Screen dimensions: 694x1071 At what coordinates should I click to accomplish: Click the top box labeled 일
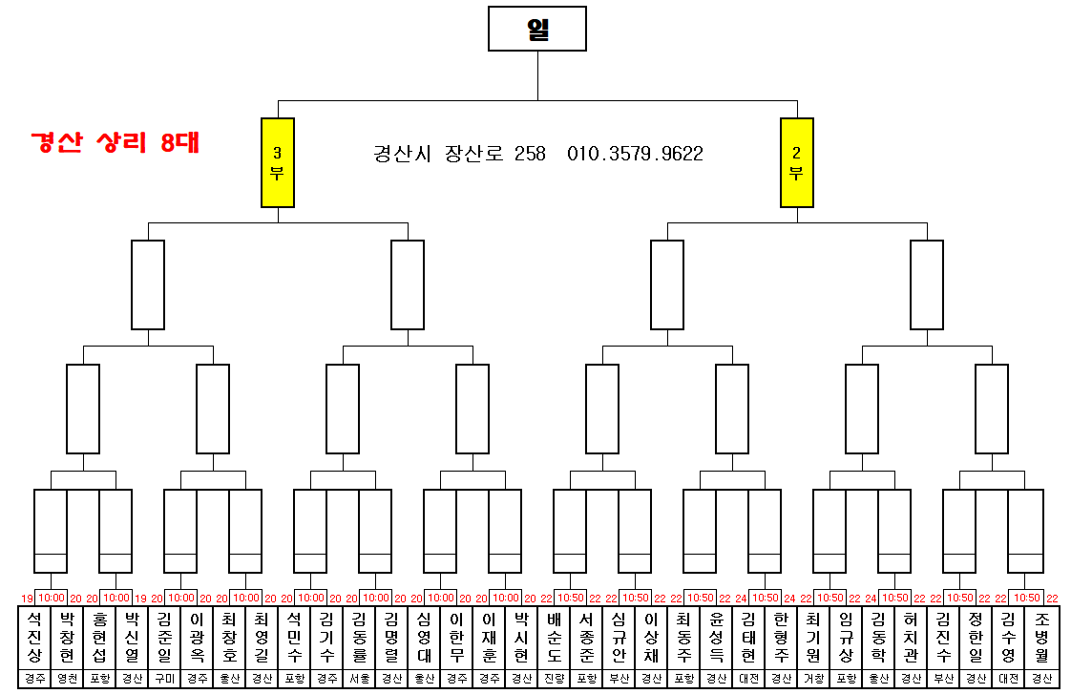click(x=536, y=29)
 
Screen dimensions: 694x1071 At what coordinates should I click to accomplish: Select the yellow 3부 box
click(x=278, y=162)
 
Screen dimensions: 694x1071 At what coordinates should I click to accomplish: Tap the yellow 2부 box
click(x=796, y=162)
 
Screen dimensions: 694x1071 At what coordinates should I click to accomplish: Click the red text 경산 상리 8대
click(x=115, y=143)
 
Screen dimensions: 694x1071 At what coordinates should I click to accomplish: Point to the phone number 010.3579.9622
click(x=635, y=154)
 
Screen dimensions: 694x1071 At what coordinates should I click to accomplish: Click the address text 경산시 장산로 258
click(x=459, y=154)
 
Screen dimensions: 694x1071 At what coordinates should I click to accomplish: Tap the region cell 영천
click(x=67, y=680)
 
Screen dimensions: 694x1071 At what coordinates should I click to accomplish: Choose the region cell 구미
click(x=164, y=680)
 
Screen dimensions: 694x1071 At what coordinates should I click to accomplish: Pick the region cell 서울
click(x=359, y=680)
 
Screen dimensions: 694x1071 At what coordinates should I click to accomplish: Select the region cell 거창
click(x=813, y=680)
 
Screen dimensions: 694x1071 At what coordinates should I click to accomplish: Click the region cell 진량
click(x=554, y=680)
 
